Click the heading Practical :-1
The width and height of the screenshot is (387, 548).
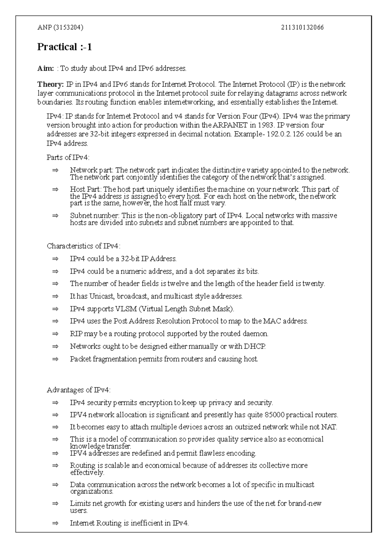click(x=64, y=47)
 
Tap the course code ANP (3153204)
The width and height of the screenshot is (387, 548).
click(x=60, y=27)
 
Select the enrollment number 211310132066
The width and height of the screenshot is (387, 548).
click(x=302, y=27)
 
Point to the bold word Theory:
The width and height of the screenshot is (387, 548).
click(x=51, y=85)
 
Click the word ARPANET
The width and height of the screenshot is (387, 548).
click(x=231, y=125)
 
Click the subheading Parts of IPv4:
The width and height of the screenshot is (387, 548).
click(x=68, y=157)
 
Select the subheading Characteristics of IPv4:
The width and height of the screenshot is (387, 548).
click(x=84, y=246)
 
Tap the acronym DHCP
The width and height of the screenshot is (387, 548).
click(x=255, y=347)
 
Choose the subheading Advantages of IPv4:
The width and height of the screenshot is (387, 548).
click(x=79, y=390)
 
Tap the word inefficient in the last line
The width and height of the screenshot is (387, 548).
click(x=147, y=523)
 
